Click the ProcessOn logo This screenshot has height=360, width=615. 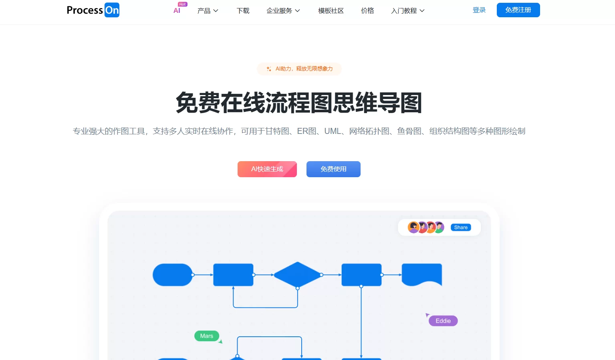pyautogui.click(x=93, y=10)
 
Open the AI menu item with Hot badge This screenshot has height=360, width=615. pyautogui.click(x=177, y=10)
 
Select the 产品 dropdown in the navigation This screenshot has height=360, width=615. pyautogui.click(x=208, y=11)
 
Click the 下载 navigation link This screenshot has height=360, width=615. pyautogui.click(x=243, y=11)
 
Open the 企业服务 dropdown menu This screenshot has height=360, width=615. pyautogui.click(x=283, y=11)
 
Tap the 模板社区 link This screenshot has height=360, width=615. pyautogui.click(x=331, y=11)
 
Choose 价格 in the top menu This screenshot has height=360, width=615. pyautogui.click(x=367, y=11)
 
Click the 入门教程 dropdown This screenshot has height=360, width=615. pyautogui.click(x=407, y=11)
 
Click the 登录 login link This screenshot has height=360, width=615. pyautogui.click(x=479, y=10)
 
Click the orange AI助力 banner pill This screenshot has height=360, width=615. pyautogui.click(x=299, y=69)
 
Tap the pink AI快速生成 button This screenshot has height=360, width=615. pyautogui.click(x=267, y=169)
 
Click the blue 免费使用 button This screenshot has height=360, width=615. pyautogui.click(x=333, y=169)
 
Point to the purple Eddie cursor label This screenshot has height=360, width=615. pyautogui.click(x=443, y=321)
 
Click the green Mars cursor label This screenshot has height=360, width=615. pyautogui.click(x=207, y=336)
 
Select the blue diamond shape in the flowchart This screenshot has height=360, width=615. pyautogui.click(x=297, y=275)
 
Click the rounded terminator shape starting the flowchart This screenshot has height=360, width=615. pyautogui.click(x=172, y=275)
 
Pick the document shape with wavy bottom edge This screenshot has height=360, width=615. pyautogui.click(x=421, y=274)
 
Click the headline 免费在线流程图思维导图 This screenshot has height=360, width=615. pyautogui.click(x=299, y=103)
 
